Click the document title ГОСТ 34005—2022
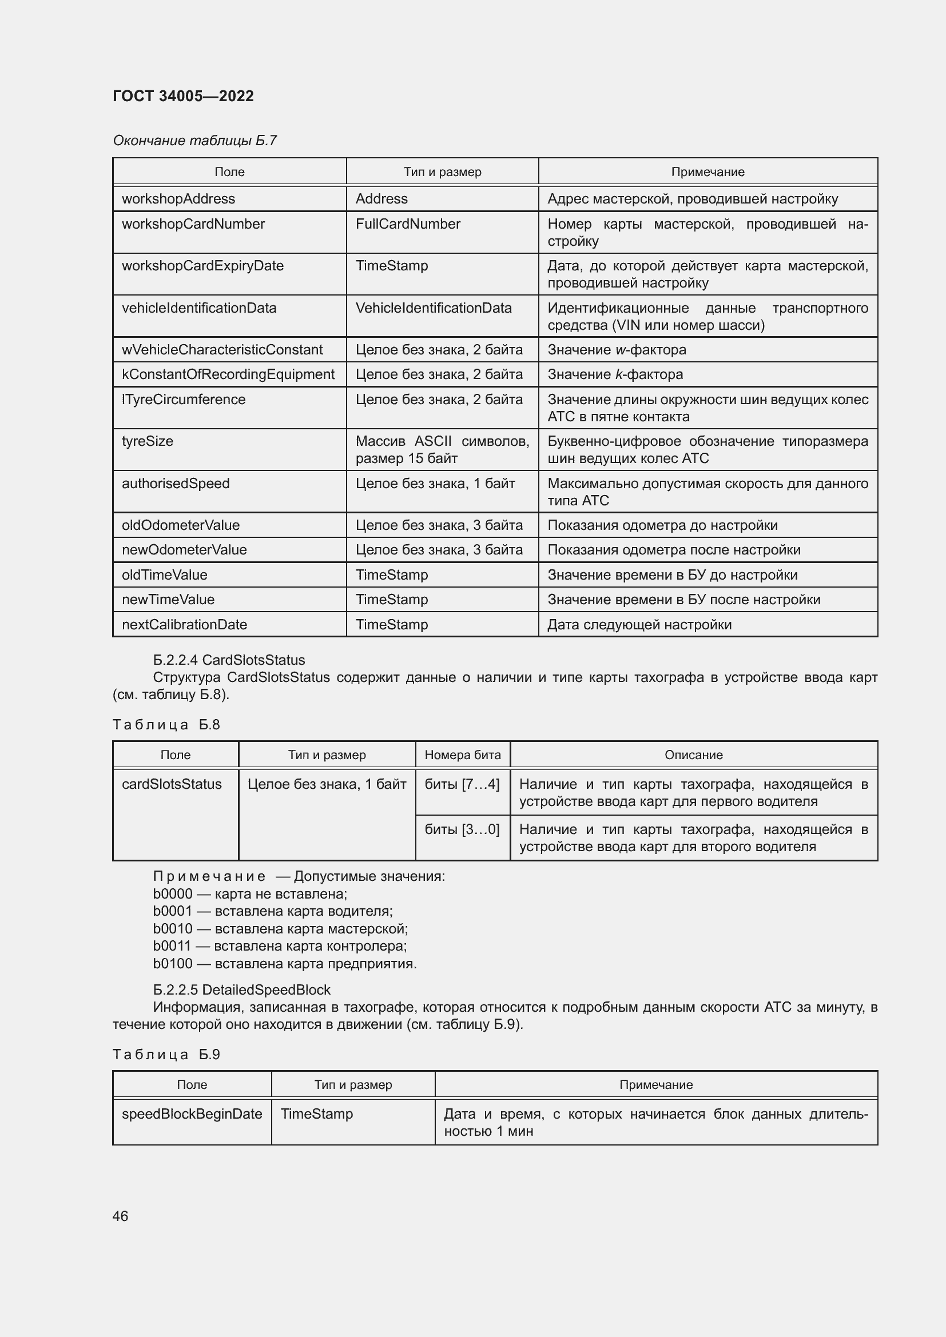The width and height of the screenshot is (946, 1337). tap(183, 96)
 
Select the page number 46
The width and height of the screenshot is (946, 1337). tap(120, 1215)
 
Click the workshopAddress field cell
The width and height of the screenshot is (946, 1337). tap(178, 198)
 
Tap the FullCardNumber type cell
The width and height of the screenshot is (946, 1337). tap(408, 224)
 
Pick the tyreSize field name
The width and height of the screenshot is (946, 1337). tap(148, 441)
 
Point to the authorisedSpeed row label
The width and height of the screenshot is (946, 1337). tap(176, 484)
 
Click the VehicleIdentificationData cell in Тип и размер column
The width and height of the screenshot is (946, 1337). tap(434, 308)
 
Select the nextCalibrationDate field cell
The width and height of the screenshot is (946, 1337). tap(184, 625)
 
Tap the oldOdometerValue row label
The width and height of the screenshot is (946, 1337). tap(181, 525)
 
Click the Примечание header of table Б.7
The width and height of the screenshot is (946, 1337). tap(707, 172)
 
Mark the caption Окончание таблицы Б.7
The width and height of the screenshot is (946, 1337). tap(194, 141)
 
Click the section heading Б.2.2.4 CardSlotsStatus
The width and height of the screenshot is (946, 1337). tap(229, 660)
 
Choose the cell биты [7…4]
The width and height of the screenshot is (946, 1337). tap(462, 784)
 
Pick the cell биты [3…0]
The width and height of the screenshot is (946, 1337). tap(462, 829)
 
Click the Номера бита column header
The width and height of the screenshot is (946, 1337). tap(463, 755)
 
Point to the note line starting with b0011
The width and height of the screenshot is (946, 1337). tap(280, 945)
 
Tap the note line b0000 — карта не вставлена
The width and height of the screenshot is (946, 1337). tap(250, 894)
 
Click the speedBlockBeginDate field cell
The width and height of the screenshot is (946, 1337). tap(192, 1114)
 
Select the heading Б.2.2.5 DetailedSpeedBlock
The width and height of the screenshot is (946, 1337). tap(242, 990)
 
